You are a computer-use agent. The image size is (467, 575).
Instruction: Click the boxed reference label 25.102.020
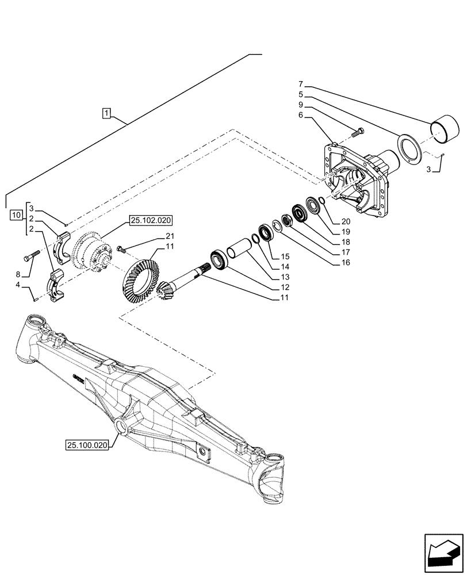[x=151, y=220]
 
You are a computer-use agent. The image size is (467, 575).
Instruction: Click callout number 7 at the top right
[x=300, y=84]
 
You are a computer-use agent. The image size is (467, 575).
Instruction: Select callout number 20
[x=345, y=221]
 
